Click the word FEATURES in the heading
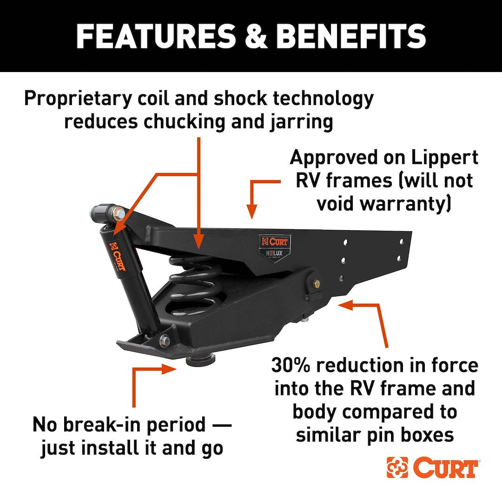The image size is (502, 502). [156, 36]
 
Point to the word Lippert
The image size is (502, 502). [445, 158]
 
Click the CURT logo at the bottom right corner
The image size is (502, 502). [432, 468]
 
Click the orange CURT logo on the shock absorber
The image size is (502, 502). [118, 257]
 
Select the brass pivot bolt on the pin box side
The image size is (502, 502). [316, 283]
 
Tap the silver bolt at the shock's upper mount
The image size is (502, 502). [119, 211]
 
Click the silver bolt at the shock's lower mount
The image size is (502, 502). [165, 339]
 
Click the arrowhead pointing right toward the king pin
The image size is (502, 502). [169, 369]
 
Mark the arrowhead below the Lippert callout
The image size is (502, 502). [252, 211]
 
